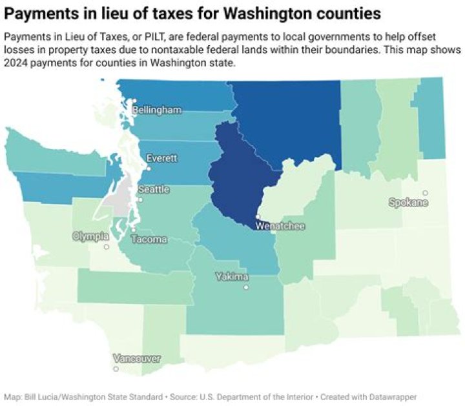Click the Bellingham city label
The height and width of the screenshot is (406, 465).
[157, 110]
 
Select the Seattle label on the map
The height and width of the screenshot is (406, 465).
[155, 190]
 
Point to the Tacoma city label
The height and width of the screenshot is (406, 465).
[149, 239]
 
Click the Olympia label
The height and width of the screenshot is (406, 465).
[91, 237]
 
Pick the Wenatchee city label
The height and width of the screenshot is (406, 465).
[280, 226]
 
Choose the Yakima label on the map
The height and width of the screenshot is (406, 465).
[232, 277]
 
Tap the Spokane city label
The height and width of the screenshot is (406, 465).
[409, 203]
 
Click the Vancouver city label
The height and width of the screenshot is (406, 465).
[136, 358]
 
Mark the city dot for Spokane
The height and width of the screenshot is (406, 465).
[425, 192]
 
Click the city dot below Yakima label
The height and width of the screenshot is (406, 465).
[246, 288]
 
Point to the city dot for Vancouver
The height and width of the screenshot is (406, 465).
[116, 369]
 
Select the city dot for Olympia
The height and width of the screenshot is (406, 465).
[107, 247]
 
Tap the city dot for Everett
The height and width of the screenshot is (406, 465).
[149, 168]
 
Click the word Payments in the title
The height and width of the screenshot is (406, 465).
[40, 13]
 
